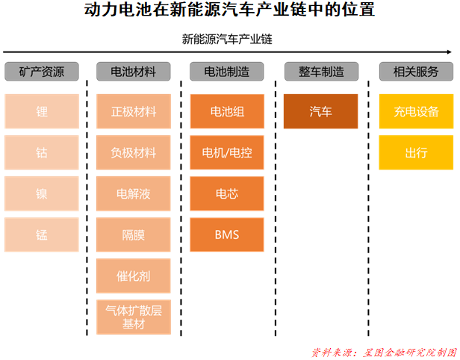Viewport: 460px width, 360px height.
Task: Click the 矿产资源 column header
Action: tap(42, 72)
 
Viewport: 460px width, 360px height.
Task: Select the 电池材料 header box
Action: tap(134, 72)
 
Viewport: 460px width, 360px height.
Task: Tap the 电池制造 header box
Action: tap(227, 72)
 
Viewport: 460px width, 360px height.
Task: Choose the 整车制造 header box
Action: tap(321, 72)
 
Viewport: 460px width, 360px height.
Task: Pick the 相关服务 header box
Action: tap(416, 72)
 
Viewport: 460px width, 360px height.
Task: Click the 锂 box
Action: tap(42, 112)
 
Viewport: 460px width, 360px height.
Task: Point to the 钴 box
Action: tap(42, 153)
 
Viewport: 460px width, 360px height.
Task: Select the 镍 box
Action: tap(42, 194)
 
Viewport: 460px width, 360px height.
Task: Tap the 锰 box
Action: tap(42, 235)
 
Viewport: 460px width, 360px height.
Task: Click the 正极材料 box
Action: tap(134, 112)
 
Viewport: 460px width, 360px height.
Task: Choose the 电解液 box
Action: tap(134, 194)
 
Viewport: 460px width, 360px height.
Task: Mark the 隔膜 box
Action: tap(134, 235)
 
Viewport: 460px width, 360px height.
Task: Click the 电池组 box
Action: tap(227, 112)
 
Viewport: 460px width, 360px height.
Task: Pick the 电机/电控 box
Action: tap(227, 153)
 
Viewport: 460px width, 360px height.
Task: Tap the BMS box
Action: tap(227, 235)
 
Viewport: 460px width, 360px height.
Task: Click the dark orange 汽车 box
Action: tap(321, 112)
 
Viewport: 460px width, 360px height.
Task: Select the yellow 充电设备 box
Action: tap(416, 112)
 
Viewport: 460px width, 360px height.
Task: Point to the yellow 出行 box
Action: tap(416, 153)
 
